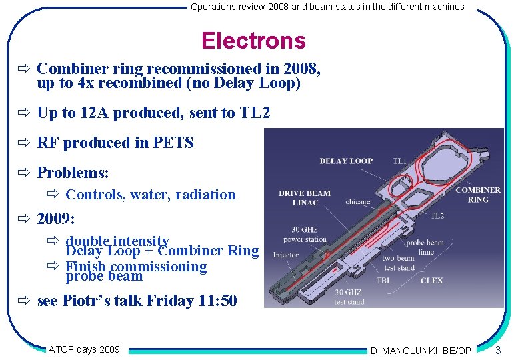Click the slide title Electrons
(x=253, y=41)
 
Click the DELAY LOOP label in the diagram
(x=346, y=161)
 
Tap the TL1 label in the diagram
(x=399, y=161)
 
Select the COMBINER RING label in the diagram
(x=477, y=195)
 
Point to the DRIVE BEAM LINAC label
(x=304, y=198)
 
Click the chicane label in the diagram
(x=358, y=201)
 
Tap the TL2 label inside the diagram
(x=437, y=216)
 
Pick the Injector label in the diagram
(x=286, y=255)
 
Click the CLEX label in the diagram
(x=431, y=281)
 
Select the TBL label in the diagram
(x=383, y=281)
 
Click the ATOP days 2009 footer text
(x=84, y=349)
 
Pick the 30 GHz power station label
(x=305, y=235)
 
